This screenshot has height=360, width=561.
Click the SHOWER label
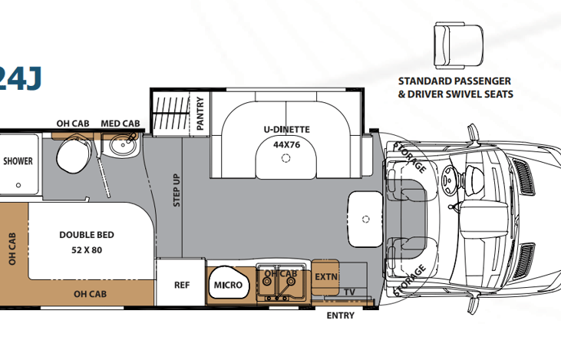tap(17, 161)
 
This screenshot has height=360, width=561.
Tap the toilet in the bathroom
tap(74, 154)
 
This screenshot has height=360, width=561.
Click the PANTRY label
tap(200, 114)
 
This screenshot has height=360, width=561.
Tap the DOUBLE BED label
tap(87, 235)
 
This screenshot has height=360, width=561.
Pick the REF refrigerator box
tap(182, 285)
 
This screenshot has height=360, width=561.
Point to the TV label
tap(350, 292)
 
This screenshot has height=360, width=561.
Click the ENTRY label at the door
tap(340, 315)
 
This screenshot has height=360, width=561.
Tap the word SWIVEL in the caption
tap(472, 94)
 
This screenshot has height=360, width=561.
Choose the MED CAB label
tap(120, 123)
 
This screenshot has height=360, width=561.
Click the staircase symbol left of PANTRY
tap(167, 114)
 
